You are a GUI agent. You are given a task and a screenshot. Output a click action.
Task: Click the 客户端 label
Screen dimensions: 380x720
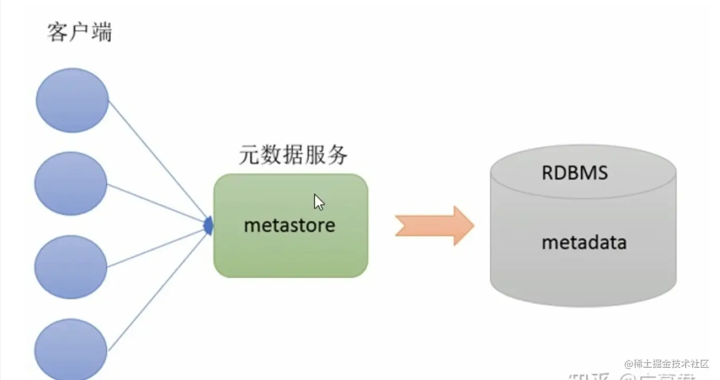[x=79, y=33]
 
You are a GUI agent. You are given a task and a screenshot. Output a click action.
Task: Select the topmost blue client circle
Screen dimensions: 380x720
[x=72, y=100]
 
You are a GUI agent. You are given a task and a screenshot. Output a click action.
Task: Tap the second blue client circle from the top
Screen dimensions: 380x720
[x=71, y=184]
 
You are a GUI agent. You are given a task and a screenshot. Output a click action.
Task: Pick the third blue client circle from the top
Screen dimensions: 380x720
[x=71, y=267]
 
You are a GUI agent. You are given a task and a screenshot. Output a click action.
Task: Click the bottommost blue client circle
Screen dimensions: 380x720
[x=71, y=348]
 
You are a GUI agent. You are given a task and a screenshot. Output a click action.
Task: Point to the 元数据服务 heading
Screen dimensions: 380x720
[x=293, y=156]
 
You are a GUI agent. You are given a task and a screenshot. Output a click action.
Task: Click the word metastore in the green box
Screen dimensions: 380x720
[x=289, y=225]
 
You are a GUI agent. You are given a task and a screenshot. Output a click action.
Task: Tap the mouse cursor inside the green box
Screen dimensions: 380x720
[x=319, y=202]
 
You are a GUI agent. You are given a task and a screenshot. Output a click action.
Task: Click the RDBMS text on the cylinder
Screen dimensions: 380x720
[x=575, y=173]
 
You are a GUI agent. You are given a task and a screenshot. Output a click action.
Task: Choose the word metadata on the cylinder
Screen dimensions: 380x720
[x=584, y=242]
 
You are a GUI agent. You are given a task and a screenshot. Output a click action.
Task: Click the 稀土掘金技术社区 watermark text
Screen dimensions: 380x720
[x=670, y=364]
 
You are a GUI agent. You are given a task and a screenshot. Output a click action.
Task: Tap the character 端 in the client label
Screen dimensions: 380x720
[x=101, y=33]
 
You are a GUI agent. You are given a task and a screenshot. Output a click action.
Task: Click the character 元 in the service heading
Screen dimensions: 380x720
[x=249, y=156]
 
